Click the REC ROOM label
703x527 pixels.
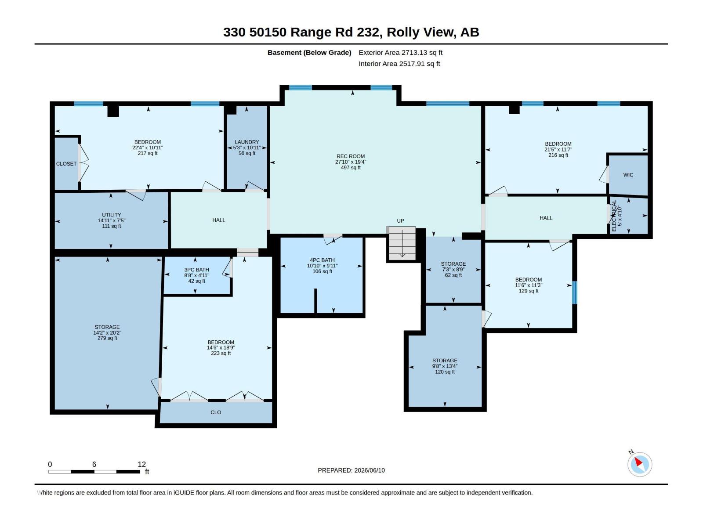[x=350, y=156]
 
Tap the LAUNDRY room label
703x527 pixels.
[x=246, y=142]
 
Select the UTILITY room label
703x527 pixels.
[x=112, y=215]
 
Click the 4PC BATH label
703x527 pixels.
[x=322, y=260]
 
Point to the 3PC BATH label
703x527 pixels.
[x=197, y=270]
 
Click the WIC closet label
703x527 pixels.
[x=628, y=175]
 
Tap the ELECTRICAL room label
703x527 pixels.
[x=614, y=216]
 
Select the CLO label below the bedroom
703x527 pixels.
[x=216, y=412]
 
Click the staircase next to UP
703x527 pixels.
[x=402, y=243]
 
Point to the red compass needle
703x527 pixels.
[x=638, y=462]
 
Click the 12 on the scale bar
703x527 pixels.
[x=141, y=464]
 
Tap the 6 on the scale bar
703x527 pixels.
[x=94, y=464]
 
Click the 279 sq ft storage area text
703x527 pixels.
[x=107, y=338]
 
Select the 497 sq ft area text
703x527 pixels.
[x=350, y=167]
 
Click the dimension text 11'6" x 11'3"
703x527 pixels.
[x=529, y=285]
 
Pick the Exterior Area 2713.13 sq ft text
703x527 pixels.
[x=400, y=52]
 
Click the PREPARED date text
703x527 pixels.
[x=351, y=470]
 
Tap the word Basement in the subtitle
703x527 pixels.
[x=284, y=52]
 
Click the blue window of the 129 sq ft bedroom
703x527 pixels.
[x=575, y=292]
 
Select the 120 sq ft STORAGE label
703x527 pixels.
[x=445, y=360]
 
